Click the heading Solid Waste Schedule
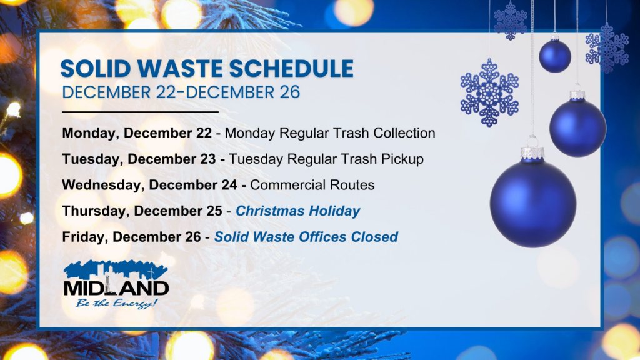click(x=207, y=68)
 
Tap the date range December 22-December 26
click(x=181, y=92)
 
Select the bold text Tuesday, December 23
click(x=141, y=159)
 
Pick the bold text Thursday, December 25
click(x=142, y=211)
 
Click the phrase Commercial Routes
click(x=304, y=185)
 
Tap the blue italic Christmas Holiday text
click(x=298, y=211)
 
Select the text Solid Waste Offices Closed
click(x=306, y=237)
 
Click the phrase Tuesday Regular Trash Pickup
click(x=326, y=159)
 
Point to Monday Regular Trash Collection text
click(x=330, y=133)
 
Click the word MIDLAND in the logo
click(x=116, y=288)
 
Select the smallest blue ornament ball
click(x=555, y=56)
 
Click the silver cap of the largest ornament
click(x=532, y=152)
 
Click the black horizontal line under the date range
click(x=141, y=112)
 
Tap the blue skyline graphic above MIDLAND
click(x=116, y=270)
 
